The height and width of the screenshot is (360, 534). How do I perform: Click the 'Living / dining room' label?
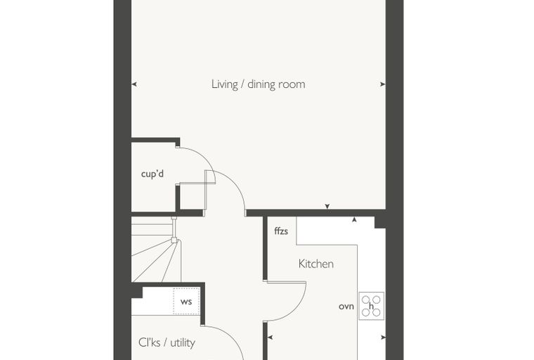point(258,84)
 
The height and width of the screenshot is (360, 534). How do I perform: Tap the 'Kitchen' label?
point(316,264)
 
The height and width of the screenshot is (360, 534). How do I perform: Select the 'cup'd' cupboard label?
point(152,174)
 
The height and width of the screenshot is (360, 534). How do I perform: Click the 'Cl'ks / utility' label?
point(167,342)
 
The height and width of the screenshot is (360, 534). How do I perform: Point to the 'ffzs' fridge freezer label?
point(281,231)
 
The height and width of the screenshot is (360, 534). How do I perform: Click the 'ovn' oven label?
point(346,307)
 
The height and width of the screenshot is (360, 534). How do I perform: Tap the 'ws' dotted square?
point(186,302)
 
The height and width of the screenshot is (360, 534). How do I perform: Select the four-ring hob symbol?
point(371,306)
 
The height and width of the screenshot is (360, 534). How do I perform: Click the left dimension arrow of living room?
point(134,84)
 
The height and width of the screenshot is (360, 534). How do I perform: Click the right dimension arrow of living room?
point(383,84)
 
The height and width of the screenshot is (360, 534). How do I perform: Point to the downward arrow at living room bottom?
point(327,206)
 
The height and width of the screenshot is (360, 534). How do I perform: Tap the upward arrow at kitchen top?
point(354,220)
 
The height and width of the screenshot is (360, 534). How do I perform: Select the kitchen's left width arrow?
point(270,337)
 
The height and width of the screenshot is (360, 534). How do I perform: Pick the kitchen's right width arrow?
point(383,337)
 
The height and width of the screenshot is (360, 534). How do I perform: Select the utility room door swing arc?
point(232,337)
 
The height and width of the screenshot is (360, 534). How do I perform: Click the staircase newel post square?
point(174,240)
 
